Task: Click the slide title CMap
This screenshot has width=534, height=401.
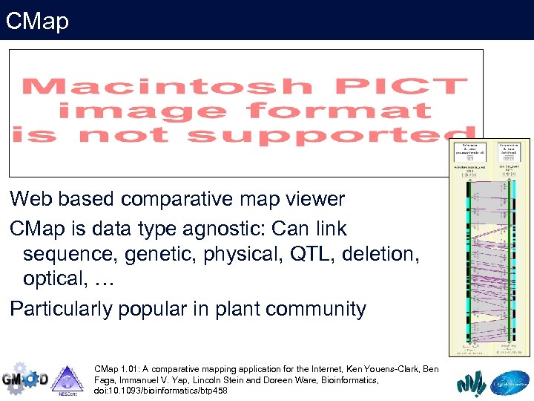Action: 37,20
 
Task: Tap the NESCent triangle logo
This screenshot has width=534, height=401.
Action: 67,379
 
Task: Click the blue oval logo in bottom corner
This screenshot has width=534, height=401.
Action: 512,382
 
